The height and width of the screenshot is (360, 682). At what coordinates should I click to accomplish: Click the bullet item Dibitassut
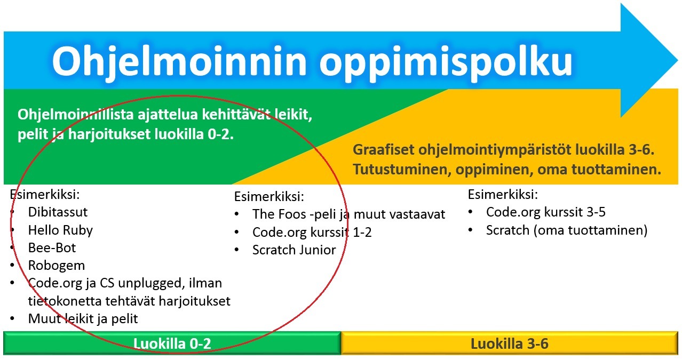click(x=58, y=212)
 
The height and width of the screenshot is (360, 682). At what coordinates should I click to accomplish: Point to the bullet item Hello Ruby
click(x=60, y=230)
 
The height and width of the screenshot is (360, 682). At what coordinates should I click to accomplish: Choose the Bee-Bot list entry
click(x=52, y=247)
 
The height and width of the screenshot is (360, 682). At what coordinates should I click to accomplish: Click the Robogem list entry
click(x=56, y=265)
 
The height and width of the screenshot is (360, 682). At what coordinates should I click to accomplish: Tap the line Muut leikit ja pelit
click(x=83, y=319)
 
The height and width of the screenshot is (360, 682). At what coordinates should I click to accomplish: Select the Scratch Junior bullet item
click(x=294, y=250)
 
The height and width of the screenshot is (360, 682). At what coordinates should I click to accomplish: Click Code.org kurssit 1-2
click(x=312, y=232)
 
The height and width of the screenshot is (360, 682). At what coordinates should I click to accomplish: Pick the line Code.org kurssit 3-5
click(x=546, y=212)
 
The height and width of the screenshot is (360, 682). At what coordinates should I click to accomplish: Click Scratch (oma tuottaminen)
click(x=566, y=230)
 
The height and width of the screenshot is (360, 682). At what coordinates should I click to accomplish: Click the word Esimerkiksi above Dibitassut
click(x=44, y=194)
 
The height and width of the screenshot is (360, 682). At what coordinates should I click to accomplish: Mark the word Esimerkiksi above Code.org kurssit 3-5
click(x=503, y=194)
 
